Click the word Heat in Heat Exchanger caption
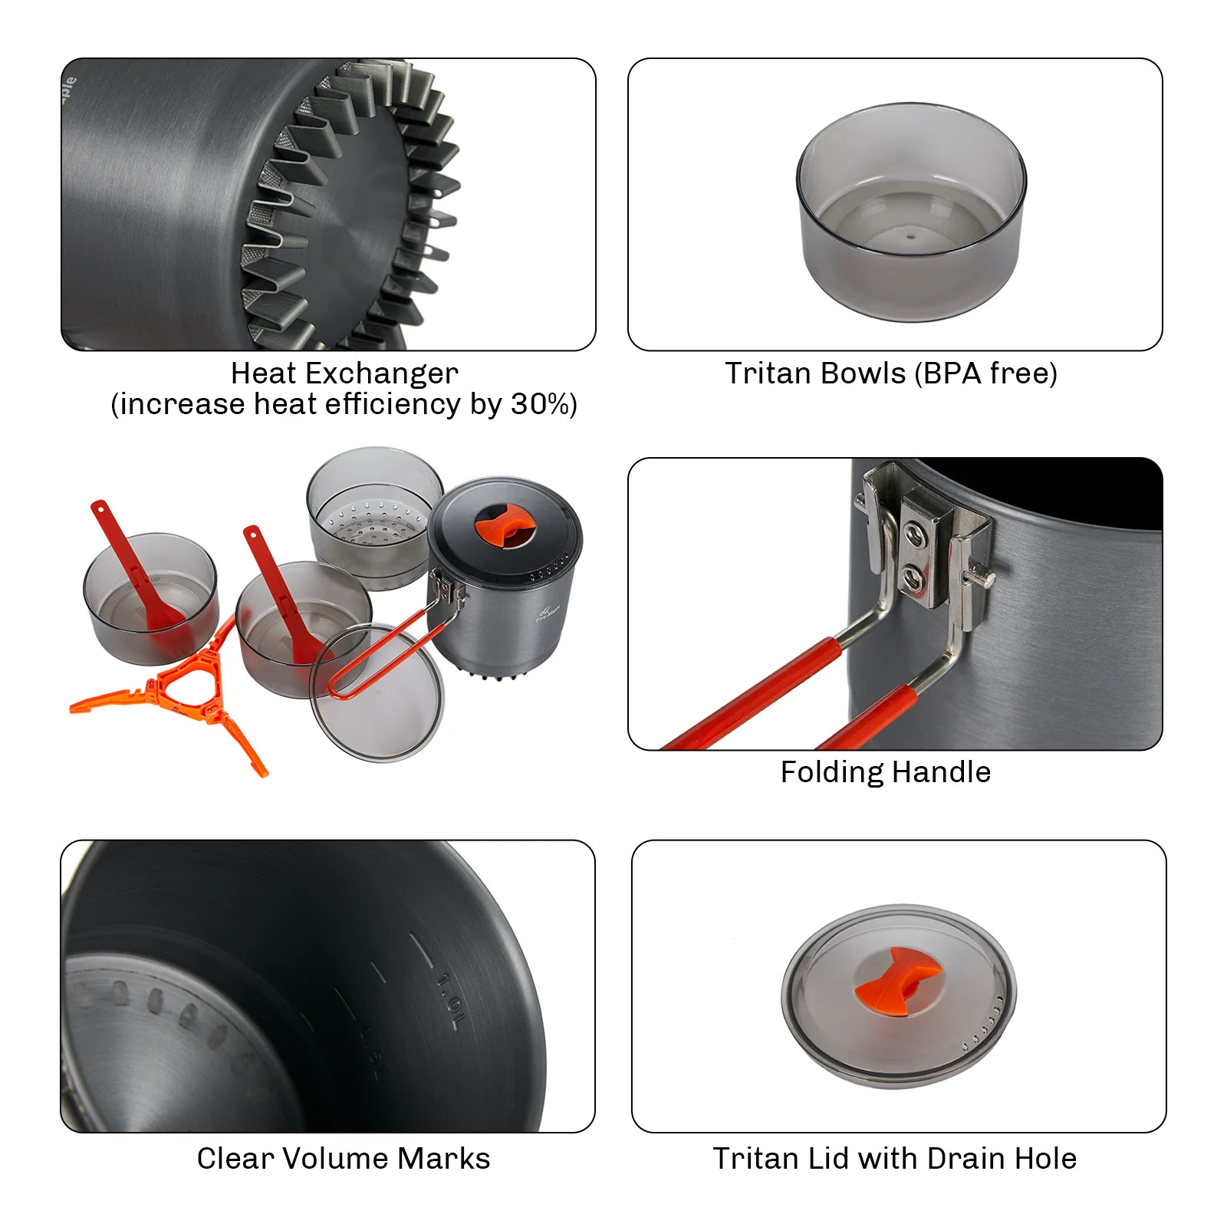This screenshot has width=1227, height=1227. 262,373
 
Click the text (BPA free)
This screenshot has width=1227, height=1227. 985,373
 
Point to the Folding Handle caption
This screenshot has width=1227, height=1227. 885,771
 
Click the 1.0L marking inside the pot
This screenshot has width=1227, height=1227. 449,999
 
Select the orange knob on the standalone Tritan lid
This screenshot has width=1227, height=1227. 898,980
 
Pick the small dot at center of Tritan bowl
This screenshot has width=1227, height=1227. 910,237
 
